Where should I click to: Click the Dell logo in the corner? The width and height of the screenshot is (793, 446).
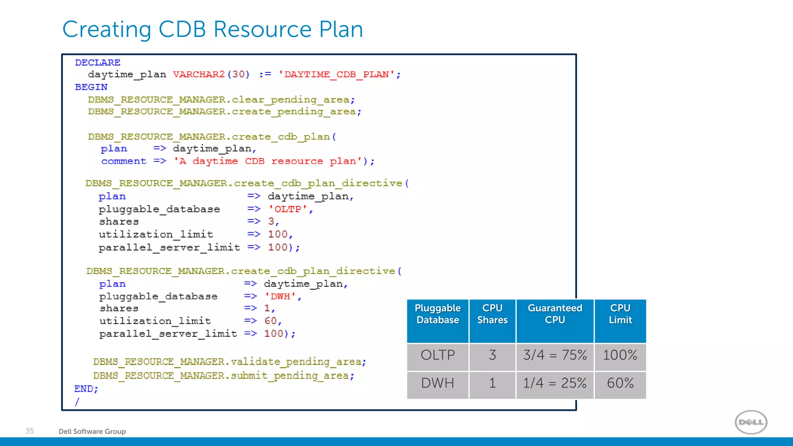click(751, 422)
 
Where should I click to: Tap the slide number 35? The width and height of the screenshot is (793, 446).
click(30, 431)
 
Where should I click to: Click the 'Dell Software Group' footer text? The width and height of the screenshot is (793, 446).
click(92, 431)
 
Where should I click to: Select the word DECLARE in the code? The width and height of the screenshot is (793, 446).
click(98, 62)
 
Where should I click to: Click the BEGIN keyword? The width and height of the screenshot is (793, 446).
click(91, 87)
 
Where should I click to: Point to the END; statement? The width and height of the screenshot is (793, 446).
click(86, 389)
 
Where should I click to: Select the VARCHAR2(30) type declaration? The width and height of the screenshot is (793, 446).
click(211, 74)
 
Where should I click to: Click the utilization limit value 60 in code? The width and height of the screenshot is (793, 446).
click(271, 321)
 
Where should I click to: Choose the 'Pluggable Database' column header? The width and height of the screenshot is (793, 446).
click(438, 314)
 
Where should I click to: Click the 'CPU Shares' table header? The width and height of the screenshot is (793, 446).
click(492, 314)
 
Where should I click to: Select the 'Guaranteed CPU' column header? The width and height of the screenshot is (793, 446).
click(555, 314)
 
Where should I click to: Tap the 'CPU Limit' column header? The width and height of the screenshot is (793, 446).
click(620, 314)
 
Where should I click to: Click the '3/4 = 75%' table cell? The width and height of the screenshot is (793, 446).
click(555, 355)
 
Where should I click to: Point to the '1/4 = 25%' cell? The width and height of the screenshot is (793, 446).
click(554, 383)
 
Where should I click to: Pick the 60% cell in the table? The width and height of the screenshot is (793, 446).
click(620, 383)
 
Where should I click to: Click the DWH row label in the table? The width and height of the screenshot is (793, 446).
click(438, 383)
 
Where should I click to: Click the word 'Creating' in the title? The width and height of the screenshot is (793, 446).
click(106, 29)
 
